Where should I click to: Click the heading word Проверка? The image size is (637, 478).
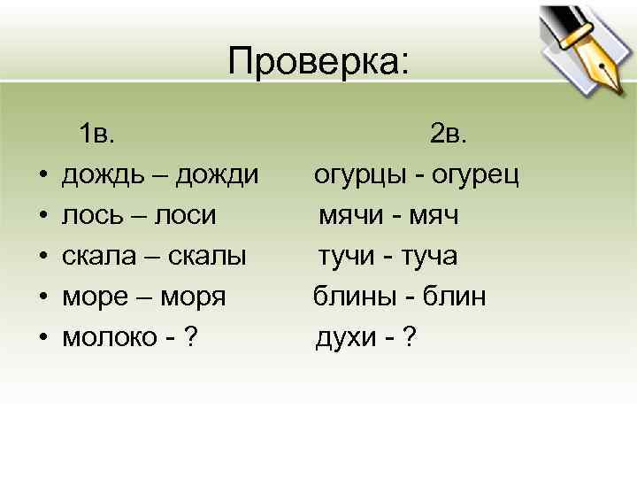click(318, 62)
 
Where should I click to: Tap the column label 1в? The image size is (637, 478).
click(96, 135)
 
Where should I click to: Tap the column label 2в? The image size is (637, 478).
click(454, 135)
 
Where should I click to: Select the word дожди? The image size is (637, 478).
click(218, 175)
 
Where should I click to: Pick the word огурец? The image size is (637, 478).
click(475, 175)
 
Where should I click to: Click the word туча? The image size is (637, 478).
click(428, 257)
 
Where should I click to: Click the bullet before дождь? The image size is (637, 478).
click(42, 176)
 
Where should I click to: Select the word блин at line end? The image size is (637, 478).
click(457, 297)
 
